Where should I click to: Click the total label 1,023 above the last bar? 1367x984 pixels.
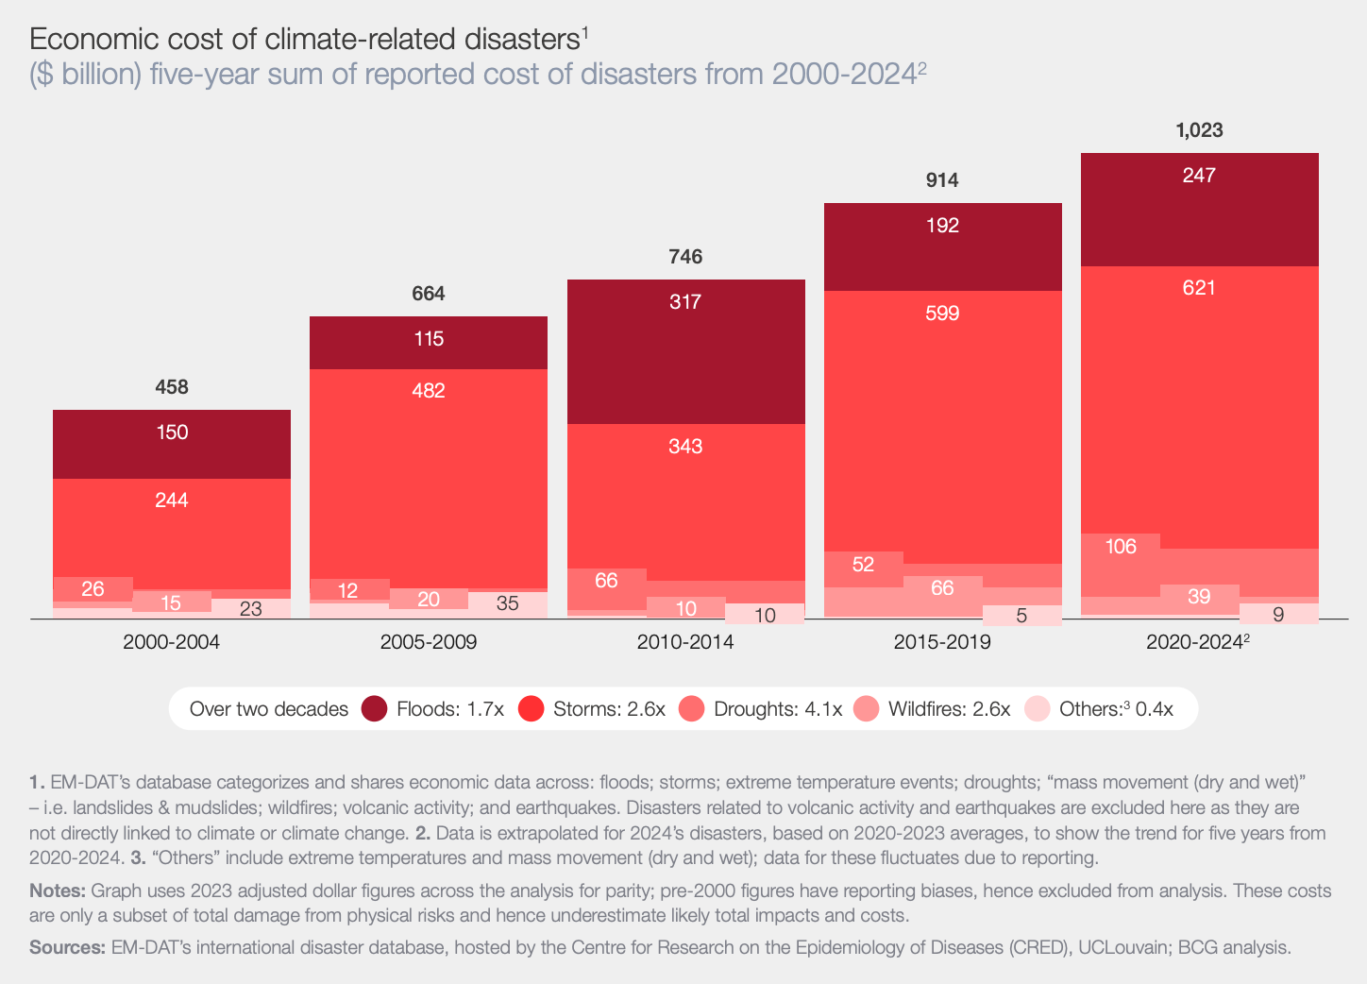1199,130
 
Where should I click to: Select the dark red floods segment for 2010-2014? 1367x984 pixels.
685,359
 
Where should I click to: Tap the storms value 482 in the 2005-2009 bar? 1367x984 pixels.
429,390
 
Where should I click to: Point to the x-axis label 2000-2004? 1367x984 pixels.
171,642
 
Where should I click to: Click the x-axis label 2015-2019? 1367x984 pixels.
942,642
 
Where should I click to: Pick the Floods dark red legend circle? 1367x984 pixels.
375,708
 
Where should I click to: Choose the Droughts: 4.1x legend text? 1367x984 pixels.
777,709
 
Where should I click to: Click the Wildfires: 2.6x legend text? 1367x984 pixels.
949,709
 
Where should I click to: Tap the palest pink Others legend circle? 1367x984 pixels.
1038,708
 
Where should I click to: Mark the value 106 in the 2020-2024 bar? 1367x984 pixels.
1121,546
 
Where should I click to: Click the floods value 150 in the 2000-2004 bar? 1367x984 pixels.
172,433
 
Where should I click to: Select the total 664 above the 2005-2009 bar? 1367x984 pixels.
429,294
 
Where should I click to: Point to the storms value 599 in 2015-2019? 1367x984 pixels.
942,313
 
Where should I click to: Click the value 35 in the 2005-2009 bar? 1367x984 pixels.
508,603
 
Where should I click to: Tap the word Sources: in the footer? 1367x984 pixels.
67,947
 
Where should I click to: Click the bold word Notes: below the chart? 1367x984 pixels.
58,891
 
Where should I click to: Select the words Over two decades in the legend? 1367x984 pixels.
269,709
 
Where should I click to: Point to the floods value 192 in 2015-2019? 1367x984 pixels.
942,225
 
